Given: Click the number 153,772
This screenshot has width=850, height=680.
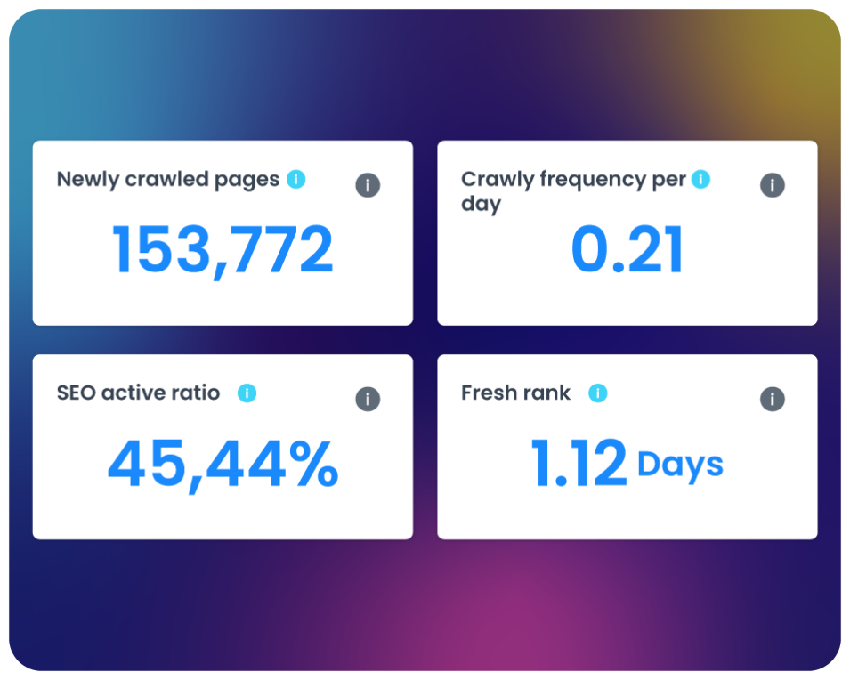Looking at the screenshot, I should point(223,250).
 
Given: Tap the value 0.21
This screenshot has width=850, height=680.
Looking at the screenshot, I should point(627,250).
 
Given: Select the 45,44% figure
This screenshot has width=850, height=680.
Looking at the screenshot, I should point(223,464).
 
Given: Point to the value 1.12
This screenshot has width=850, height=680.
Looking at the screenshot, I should point(579,464).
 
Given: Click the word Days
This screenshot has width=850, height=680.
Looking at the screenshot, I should point(680,465).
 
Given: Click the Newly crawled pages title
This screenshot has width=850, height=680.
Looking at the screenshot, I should point(168,179).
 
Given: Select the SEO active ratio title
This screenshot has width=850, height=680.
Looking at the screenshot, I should point(138,393).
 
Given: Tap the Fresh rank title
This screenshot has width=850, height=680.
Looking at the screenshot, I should point(515,393).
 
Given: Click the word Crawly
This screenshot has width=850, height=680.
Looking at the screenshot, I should point(495,180).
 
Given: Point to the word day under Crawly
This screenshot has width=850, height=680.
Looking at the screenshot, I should point(481,204).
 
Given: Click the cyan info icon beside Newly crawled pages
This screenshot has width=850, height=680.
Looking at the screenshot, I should point(296,179).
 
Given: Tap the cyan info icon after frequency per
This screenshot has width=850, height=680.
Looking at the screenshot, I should point(701,179).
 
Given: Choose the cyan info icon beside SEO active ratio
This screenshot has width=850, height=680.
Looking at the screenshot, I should point(247,393).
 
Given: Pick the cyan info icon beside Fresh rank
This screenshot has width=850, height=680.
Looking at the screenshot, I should point(598,393).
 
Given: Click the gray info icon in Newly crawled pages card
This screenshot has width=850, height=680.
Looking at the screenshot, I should point(368,185).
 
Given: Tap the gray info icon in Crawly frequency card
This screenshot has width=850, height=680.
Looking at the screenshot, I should point(773,185).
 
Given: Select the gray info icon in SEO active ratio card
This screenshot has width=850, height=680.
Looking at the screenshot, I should point(368,399).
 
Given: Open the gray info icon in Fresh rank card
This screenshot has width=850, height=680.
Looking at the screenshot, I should point(773,399).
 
